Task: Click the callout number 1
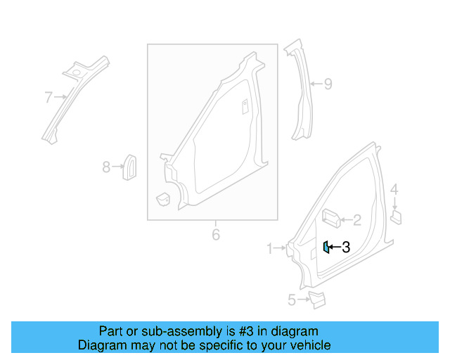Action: (269, 248)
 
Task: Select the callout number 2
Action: (357, 221)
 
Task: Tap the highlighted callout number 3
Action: (345, 247)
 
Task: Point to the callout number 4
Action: (394, 189)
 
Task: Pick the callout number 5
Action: (292, 300)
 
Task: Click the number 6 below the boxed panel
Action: (216, 234)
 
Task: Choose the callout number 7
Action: (49, 97)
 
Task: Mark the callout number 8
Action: (106, 167)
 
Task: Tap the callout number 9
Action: (327, 84)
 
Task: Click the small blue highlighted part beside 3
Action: (326, 247)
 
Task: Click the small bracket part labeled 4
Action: (395, 215)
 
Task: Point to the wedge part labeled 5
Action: (317, 300)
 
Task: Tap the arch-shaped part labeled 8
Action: (130, 166)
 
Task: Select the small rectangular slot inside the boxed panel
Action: (245, 106)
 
